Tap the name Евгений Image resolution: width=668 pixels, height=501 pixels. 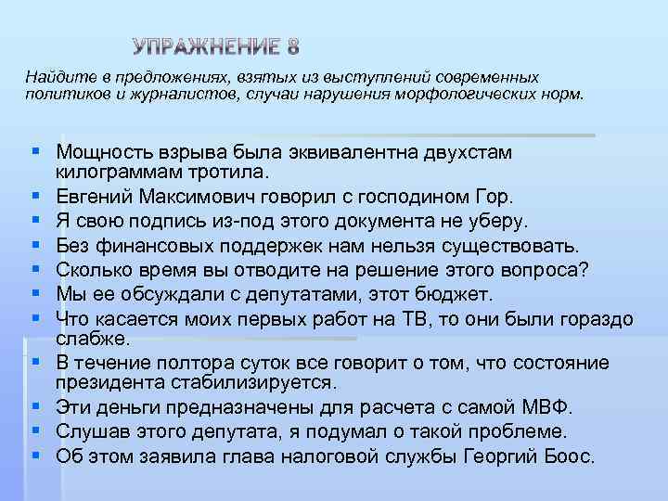pos(93,197)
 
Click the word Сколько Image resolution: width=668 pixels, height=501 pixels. pos(91,270)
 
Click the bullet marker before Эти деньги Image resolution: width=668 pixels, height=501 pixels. pos(33,406)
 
